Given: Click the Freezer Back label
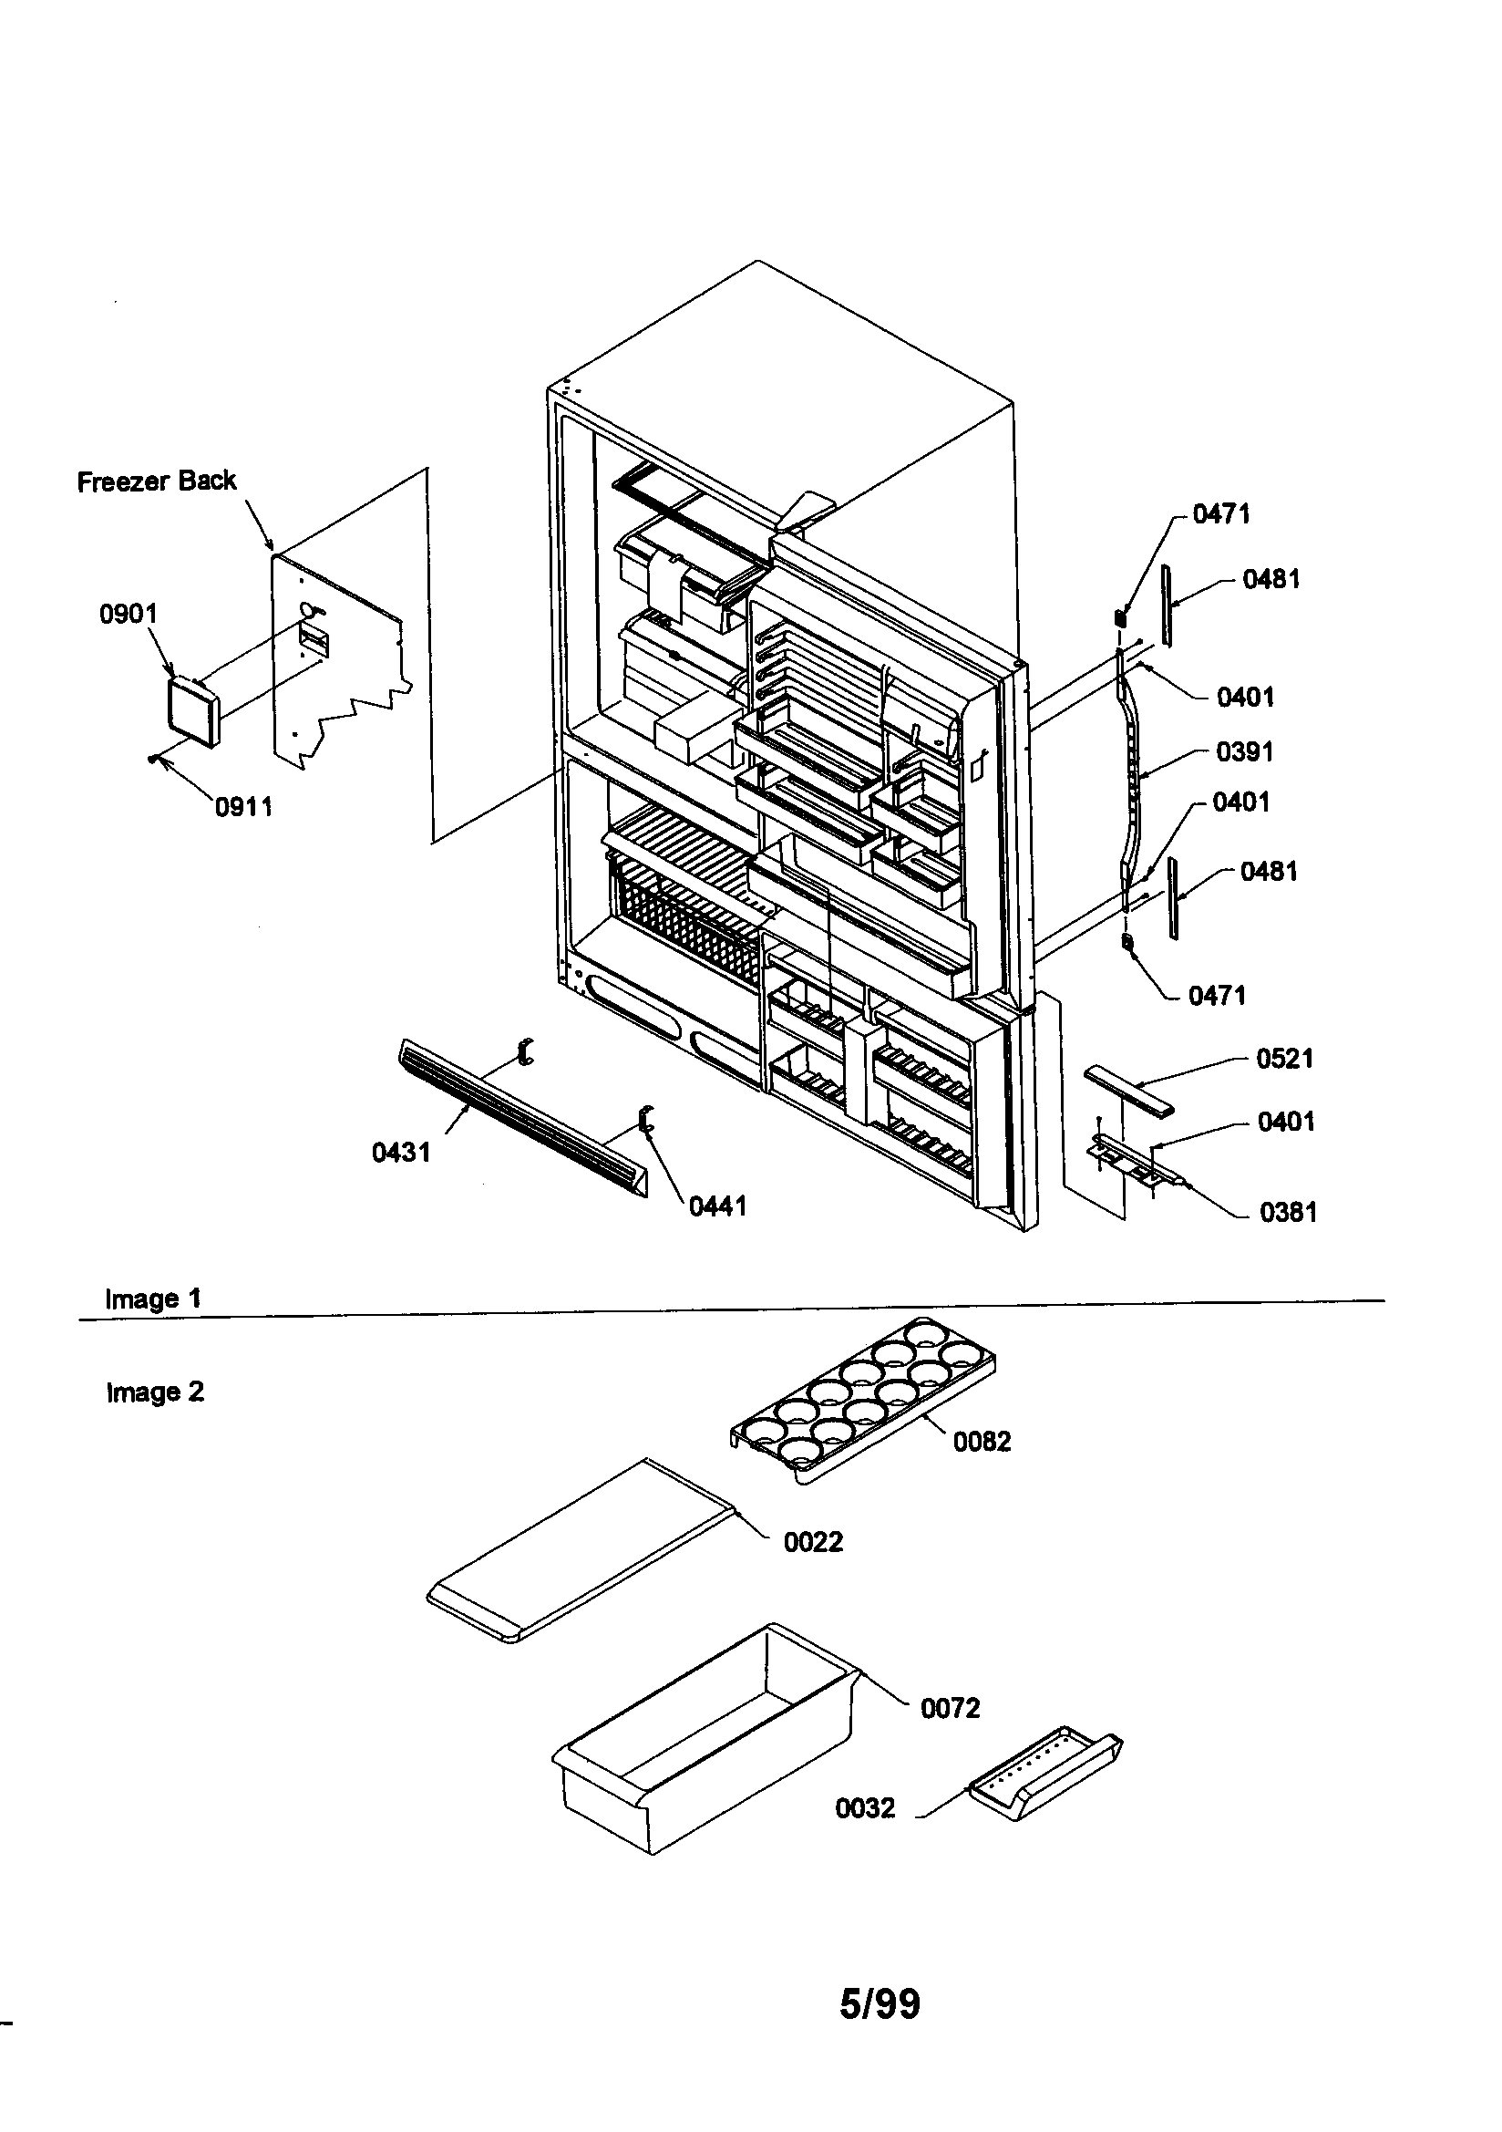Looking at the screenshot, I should click(x=156, y=481).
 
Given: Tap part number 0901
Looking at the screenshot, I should click(x=129, y=614).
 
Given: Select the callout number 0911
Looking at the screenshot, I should click(x=243, y=807).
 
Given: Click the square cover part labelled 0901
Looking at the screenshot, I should click(x=192, y=711).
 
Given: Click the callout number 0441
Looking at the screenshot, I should click(x=716, y=1206).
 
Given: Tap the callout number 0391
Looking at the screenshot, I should click(x=1245, y=751).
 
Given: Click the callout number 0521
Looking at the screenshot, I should click(x=1284, y=1059).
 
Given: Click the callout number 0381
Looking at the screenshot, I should click(x=1288, y=1212).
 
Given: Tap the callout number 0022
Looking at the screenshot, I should click(x=812, y=1542).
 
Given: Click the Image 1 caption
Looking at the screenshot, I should click(x=153, y=1299).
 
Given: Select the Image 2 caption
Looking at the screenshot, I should click(x=155, y=1392).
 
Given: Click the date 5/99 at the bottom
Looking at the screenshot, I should click(x=880, y=2003).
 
